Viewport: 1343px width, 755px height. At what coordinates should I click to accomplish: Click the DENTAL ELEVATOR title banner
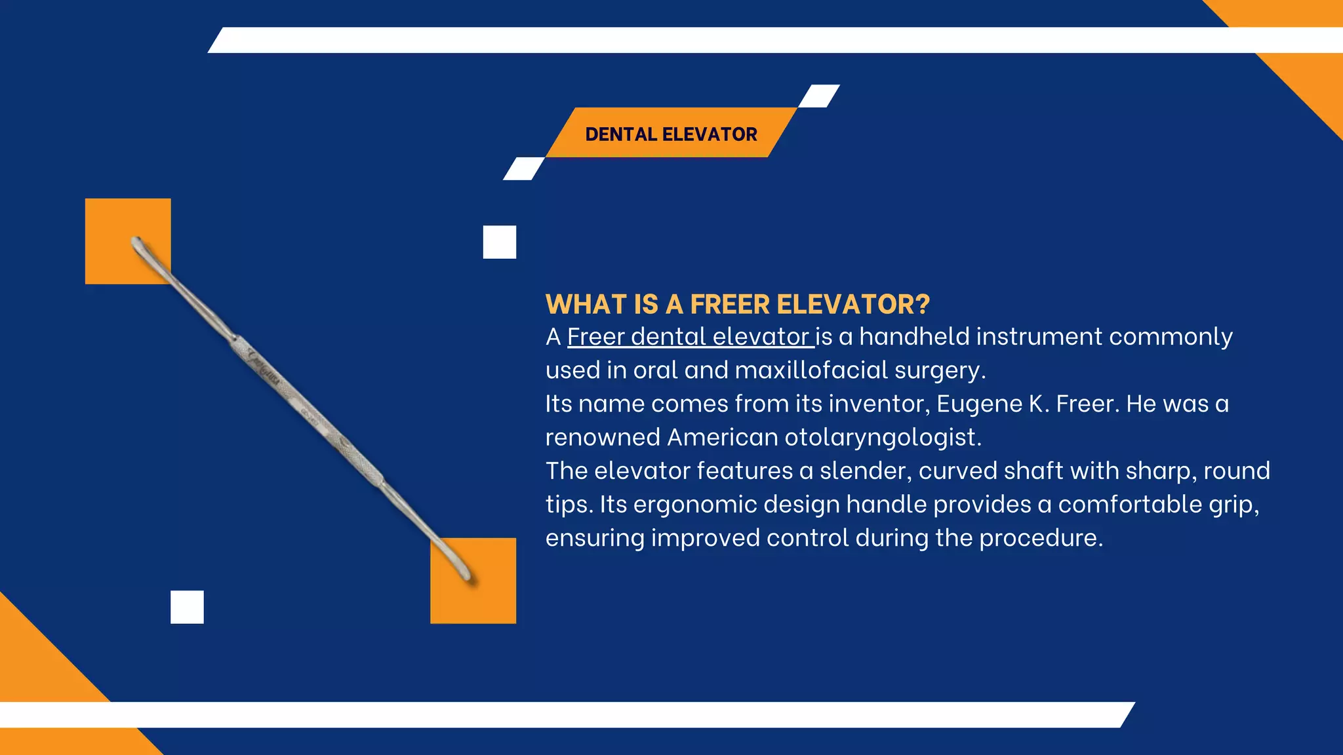(671, 134)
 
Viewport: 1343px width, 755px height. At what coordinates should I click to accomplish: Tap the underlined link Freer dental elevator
(690, 337)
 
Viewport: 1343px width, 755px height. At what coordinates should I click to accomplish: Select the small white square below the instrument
(187, 607)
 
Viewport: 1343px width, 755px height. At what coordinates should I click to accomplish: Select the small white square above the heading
(500, 242)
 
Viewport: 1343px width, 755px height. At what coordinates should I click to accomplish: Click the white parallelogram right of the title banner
(819, 96)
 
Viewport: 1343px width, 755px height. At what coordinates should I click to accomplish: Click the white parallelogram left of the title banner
(524, 168)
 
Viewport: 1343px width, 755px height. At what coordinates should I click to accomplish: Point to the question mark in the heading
(923, 305)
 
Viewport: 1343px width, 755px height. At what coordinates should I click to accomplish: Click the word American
(722, 437)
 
